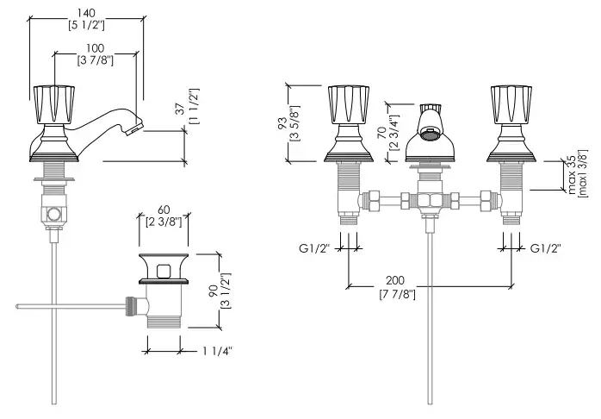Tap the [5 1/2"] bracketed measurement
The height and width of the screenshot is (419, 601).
click(85, 25)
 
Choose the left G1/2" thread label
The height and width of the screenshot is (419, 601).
click(315, 248)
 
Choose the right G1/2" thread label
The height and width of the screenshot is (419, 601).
click(545, 248)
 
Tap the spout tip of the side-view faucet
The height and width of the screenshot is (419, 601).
click(132, 128)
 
